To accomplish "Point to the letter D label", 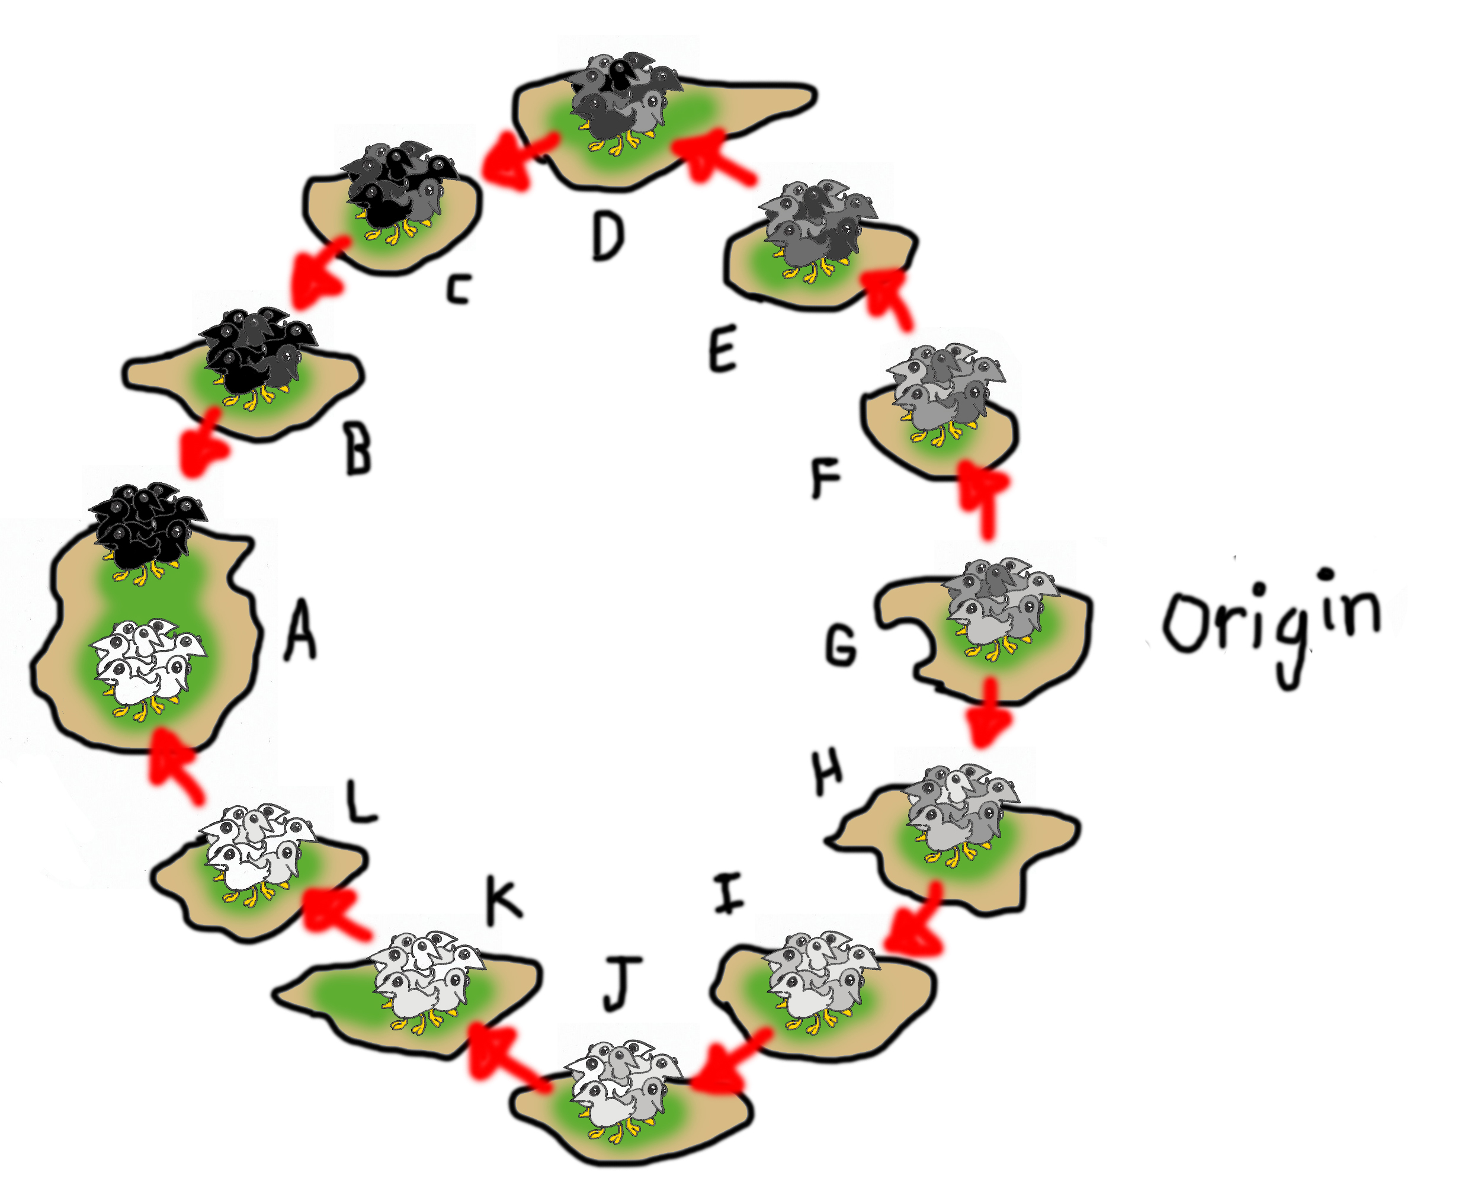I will pyautogui.click(x=608, y=236).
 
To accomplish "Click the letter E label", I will pyautogui.click(x=723, y=349).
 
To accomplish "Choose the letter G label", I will pyautogui.click(x=841, y=646).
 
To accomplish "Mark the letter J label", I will pyautogui.click(x=623, y=984).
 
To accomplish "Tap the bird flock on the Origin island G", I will pyautogui.click(x=999, y=604).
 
